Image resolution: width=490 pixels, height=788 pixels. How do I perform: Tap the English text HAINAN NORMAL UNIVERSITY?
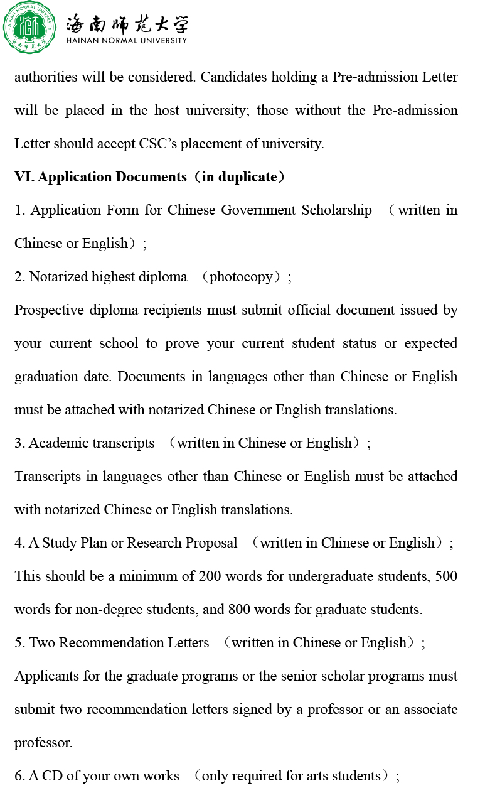[x=126, y=41]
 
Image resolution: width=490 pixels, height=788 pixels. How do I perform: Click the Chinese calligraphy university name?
[x=126, y=23]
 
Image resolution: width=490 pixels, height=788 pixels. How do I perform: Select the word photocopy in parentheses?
[x=241, y=277]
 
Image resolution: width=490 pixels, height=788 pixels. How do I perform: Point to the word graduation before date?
[x=46, y=377]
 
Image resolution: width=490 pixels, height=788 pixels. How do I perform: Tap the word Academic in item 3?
[x=58, y=443]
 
